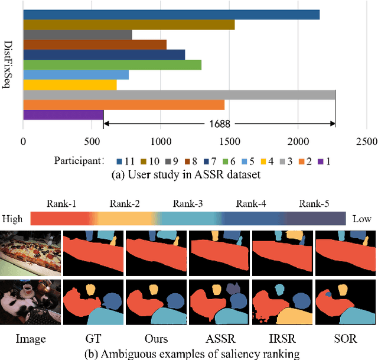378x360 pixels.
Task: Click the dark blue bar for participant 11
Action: [171, 15]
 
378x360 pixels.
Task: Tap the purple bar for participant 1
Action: [63, 115]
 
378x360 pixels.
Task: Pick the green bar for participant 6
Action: [112, 65]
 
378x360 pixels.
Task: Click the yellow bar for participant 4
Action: [70, 85]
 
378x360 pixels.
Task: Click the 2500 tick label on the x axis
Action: [366, 142]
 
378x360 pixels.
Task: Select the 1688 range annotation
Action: [219, 124]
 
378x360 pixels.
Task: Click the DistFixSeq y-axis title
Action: [8, 65]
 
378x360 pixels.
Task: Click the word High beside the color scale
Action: [13, 219]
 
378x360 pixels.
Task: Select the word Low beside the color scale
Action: [361, 219]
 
